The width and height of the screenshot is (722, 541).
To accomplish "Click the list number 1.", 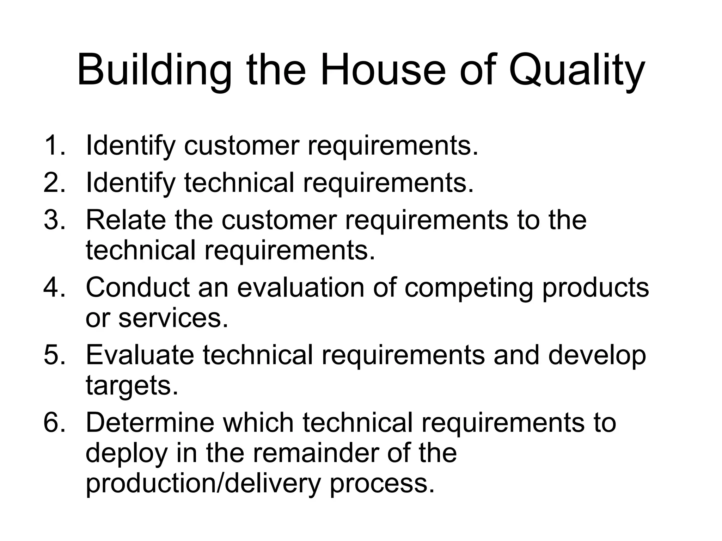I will coord(54,145).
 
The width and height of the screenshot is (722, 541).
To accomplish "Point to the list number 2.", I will coord(54,182).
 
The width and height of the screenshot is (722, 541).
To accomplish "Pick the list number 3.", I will coord(54,219).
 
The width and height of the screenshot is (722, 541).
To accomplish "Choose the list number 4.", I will coord(54,287).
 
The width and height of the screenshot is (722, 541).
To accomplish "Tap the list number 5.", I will coord(54,355).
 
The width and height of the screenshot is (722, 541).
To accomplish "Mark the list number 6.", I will coord(54,423).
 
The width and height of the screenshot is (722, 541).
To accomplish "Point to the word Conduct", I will coord(138,287).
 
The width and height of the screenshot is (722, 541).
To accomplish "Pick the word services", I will coord(173,318).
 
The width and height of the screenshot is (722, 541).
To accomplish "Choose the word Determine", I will coord(150,423).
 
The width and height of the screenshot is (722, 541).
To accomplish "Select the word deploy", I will coord(126,454).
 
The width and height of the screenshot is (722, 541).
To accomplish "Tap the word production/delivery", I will coord(203,484).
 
